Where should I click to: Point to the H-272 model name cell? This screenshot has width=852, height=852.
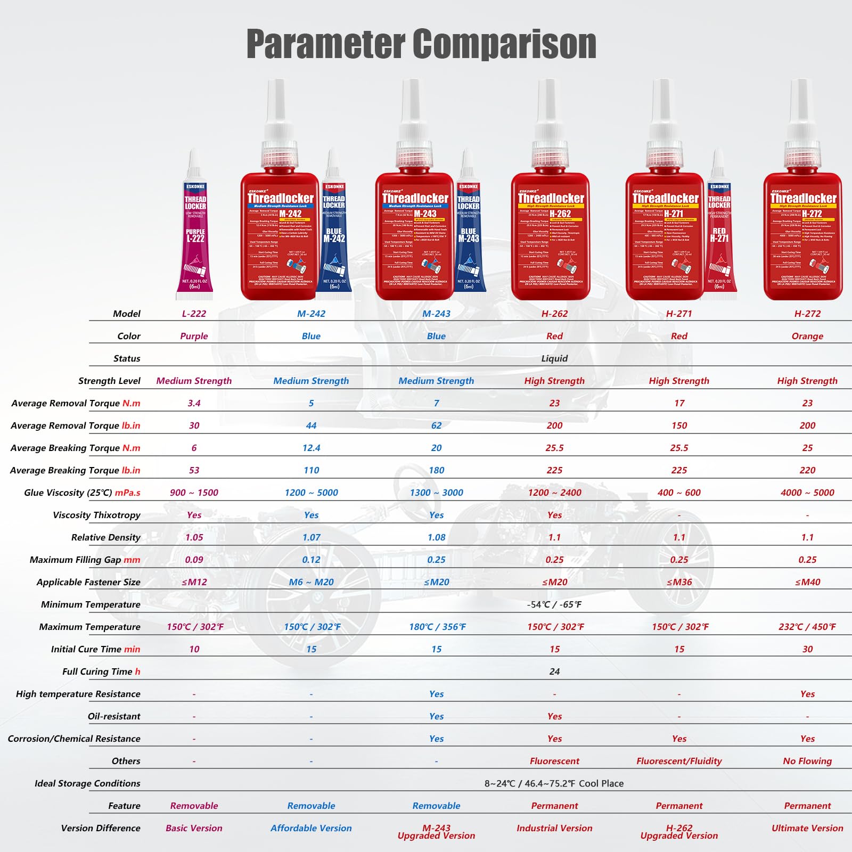[807, 314]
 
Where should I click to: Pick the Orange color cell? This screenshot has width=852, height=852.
[807, 336]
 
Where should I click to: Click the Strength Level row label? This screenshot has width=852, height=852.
[109, 381]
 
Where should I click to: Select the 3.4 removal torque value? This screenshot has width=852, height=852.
[194, 403]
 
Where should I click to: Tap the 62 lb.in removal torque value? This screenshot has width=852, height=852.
[436, 425]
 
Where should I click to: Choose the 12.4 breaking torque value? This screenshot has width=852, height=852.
[311, 448]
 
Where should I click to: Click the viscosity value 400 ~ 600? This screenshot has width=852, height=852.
[679, 493]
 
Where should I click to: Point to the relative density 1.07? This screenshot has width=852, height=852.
[311, 537]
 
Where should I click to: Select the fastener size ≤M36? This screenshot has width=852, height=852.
[679, 582]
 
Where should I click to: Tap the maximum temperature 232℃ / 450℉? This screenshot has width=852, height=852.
[807, 627]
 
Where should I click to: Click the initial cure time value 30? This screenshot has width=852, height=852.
[807, 649]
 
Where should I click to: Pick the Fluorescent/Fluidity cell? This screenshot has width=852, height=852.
[679, 761]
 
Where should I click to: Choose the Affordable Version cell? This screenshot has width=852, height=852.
[311, 828]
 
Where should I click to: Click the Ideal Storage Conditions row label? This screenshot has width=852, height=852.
[87, 783]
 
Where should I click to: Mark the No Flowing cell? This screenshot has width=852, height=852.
[807, 761]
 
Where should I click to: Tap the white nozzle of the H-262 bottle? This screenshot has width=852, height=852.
[547, 106]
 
